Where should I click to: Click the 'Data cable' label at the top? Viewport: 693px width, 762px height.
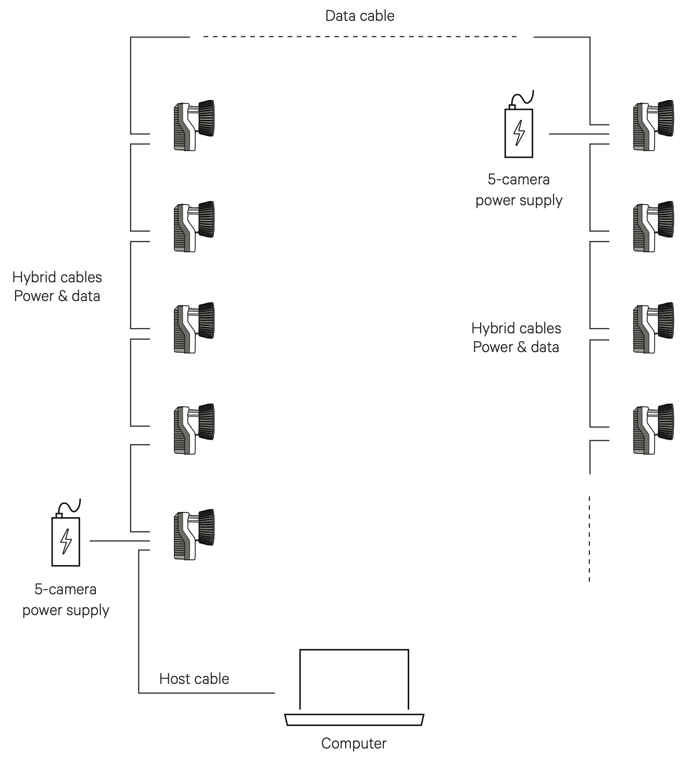point(359,16)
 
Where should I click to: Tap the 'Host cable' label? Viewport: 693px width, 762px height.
point(194,679)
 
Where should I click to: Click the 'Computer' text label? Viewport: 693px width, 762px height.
point(354,743)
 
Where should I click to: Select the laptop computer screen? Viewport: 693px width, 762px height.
point(354,679)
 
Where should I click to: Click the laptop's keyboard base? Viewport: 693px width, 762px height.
point(354,720)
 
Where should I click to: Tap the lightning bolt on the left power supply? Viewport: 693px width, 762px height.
point(66,542)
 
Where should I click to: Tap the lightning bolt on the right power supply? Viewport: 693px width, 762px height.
point(519,133)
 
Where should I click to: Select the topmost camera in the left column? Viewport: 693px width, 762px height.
point(194,126)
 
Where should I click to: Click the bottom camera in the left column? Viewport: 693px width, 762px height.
point(194,534)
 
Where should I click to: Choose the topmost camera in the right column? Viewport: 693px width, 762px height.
point(653,126)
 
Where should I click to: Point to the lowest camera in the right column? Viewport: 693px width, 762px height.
point(653,429)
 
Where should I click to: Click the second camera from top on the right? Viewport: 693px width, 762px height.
point(653,227)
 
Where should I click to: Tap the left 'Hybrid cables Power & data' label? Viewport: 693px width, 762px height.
point(57,286)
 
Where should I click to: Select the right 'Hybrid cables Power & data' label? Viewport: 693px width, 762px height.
point(516,338)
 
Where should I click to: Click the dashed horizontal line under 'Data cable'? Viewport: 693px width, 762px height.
point(359,37)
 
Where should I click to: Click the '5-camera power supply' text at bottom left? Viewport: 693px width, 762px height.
point(66,599)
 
